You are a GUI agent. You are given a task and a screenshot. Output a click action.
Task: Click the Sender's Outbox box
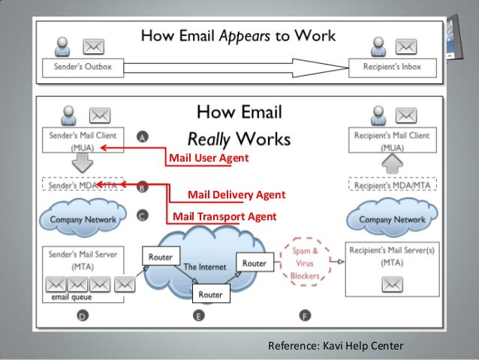coord(77,67)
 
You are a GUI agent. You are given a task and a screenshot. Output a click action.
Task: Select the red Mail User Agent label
coord(208,159)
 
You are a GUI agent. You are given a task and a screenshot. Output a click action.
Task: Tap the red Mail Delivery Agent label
coord(236,195)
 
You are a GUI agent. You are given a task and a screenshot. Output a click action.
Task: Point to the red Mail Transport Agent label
coord(224,216)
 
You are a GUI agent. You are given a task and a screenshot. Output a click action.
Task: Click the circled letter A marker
coord(142,138)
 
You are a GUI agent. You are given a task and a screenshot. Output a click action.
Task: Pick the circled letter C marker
coord(142,215)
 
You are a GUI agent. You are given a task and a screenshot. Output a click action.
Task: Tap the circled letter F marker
coord(303,316)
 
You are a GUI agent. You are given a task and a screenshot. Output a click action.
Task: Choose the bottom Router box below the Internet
coord(210,295)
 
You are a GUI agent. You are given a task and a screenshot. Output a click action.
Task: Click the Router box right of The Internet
coord(254,263)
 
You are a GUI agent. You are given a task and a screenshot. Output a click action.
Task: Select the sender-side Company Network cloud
coord(83,219)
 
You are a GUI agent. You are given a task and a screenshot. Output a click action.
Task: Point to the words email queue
coord(66,298)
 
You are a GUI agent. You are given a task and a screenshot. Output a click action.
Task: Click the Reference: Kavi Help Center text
coord(336,346)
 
